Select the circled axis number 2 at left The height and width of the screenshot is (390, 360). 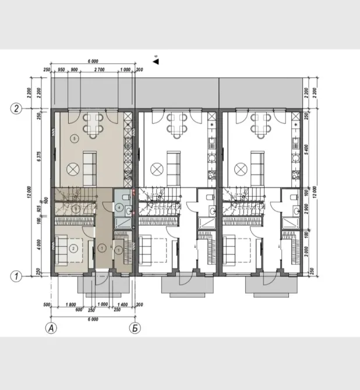(17, 109)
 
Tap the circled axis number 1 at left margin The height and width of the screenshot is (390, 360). (17, 277)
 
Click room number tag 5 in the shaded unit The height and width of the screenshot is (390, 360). (73, 139)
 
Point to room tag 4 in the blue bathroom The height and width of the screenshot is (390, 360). (119, 207)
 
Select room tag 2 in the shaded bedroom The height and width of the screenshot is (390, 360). (73, 248)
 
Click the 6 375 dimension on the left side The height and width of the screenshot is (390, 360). (39, 154)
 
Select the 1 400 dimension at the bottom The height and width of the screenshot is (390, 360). (123, 305)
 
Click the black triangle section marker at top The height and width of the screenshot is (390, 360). (155, 59)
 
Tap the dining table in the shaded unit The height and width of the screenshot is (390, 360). (93, 123)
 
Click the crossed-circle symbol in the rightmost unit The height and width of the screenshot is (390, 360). (239, 169)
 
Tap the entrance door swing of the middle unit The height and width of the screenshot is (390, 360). (186, 281)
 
